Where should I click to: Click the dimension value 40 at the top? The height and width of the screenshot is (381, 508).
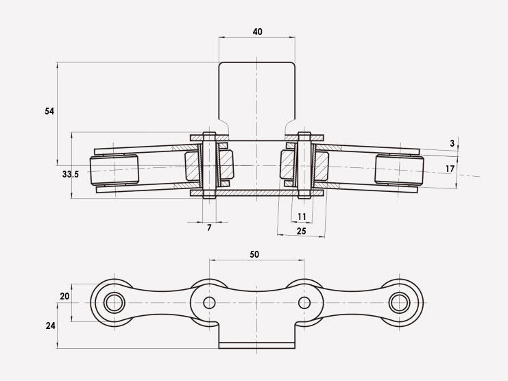(257, 32)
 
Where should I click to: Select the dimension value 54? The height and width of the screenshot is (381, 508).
(49, 111)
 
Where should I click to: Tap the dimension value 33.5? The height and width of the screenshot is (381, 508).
(71, 175)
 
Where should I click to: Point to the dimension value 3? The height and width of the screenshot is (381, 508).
(452, 143)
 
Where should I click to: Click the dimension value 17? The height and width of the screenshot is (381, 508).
(450, 169)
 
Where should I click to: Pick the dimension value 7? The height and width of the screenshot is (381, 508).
(209, 228)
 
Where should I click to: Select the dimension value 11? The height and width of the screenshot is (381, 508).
(302, 217)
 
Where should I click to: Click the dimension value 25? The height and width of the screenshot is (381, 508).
(301, 232)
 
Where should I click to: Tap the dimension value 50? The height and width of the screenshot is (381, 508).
(254, 254)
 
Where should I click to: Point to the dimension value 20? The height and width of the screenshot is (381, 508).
(65, 296)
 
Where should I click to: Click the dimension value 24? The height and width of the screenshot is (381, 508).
(50, 325)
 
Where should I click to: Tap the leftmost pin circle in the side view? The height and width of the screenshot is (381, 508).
(114, 302)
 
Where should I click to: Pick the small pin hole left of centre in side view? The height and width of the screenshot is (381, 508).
(209, 302)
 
